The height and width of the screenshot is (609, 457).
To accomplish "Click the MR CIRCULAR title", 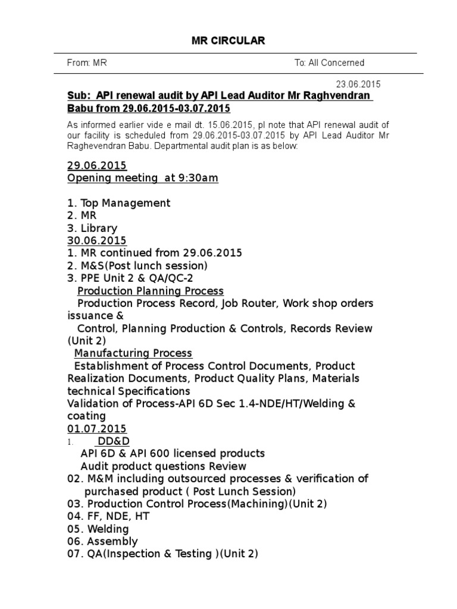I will coord(228,40).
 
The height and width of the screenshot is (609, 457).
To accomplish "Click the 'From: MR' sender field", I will coord(87,62).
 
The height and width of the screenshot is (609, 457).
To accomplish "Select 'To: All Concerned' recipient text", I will coord(329,62).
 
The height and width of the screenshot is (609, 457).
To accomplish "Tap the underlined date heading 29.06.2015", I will coord(96,165).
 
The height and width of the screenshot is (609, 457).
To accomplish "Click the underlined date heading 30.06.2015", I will coord(96,241).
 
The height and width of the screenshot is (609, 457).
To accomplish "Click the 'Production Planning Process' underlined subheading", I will coord(151,291).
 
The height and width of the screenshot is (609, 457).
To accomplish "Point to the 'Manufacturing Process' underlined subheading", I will coord(133,353).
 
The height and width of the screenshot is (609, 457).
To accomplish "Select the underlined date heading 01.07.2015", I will coord(96,429).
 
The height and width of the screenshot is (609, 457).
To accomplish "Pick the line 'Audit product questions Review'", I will coord(164,466).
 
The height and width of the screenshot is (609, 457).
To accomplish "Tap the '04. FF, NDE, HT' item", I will coord(108,516).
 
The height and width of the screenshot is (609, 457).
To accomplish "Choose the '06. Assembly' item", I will coord(102,541).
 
